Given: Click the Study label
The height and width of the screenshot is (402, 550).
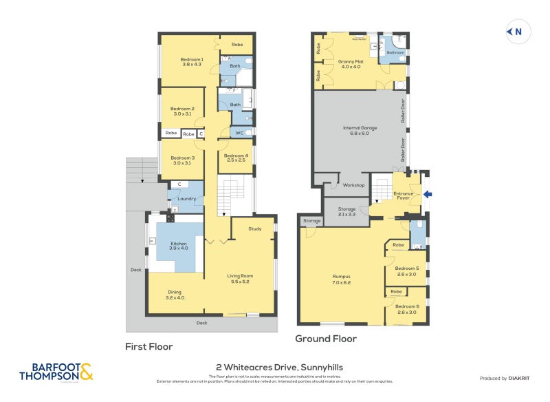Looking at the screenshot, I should (x=255, y=229).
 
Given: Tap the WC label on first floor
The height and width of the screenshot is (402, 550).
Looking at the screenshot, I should (x=239, y=133).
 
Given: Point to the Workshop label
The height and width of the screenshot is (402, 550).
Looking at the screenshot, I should (x=355, y=185).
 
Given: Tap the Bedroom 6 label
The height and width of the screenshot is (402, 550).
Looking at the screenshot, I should (x=407, y=308).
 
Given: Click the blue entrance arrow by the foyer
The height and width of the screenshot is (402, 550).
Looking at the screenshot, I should (x=428, y=195).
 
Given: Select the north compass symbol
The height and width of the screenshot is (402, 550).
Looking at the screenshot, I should (x=515, y=31).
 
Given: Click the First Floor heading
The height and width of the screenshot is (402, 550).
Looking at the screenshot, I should (x=148, y=346).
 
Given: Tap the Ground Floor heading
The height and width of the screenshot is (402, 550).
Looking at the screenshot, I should (x=326, y=339).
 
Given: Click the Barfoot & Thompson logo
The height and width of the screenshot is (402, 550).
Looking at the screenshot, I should (x=56, y=372).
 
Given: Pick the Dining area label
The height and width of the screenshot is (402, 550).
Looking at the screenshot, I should (x=175, y=294).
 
